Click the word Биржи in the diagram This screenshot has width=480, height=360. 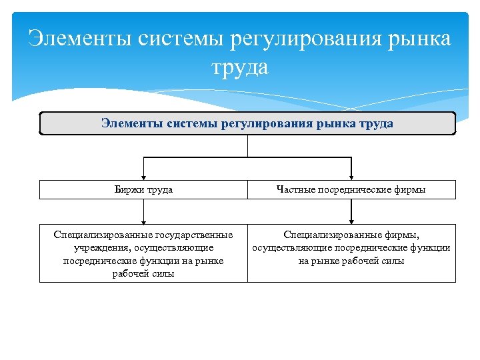(129, 190)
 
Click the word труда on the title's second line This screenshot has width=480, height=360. (240, 67)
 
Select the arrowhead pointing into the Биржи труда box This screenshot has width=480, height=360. (143, 175)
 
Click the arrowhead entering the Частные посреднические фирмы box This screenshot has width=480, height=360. (351, 175)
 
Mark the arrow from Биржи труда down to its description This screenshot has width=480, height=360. (143, 212)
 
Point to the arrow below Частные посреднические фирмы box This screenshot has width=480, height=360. (351, 212)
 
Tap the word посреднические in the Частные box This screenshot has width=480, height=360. (361, 190)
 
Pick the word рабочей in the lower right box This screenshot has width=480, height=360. (361, 261)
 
